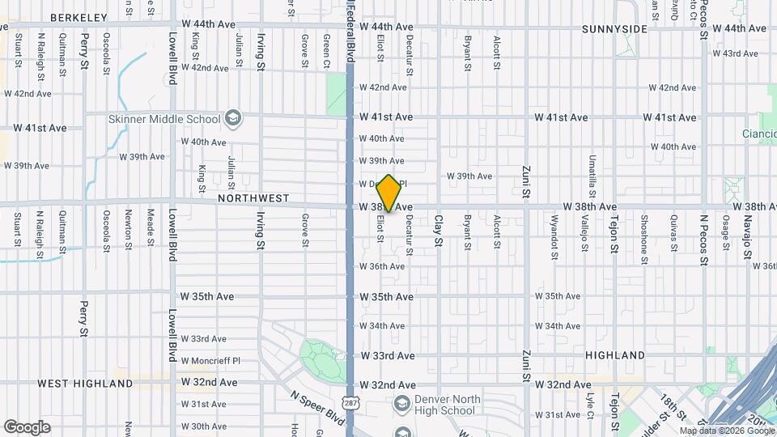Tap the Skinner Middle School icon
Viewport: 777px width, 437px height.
point(233,119)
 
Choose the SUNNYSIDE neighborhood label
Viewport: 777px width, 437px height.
point(614,29)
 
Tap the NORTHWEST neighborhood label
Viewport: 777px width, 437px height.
point(253,197)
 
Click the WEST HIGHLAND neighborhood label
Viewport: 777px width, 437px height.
point(85,383)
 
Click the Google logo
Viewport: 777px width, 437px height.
point(28,426)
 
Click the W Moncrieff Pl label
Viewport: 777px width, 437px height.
point(210,360)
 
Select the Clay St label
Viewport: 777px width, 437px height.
point(438,231)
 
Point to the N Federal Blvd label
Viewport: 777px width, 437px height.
point(350,32)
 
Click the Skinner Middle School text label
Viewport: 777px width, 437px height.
point(164,120)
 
